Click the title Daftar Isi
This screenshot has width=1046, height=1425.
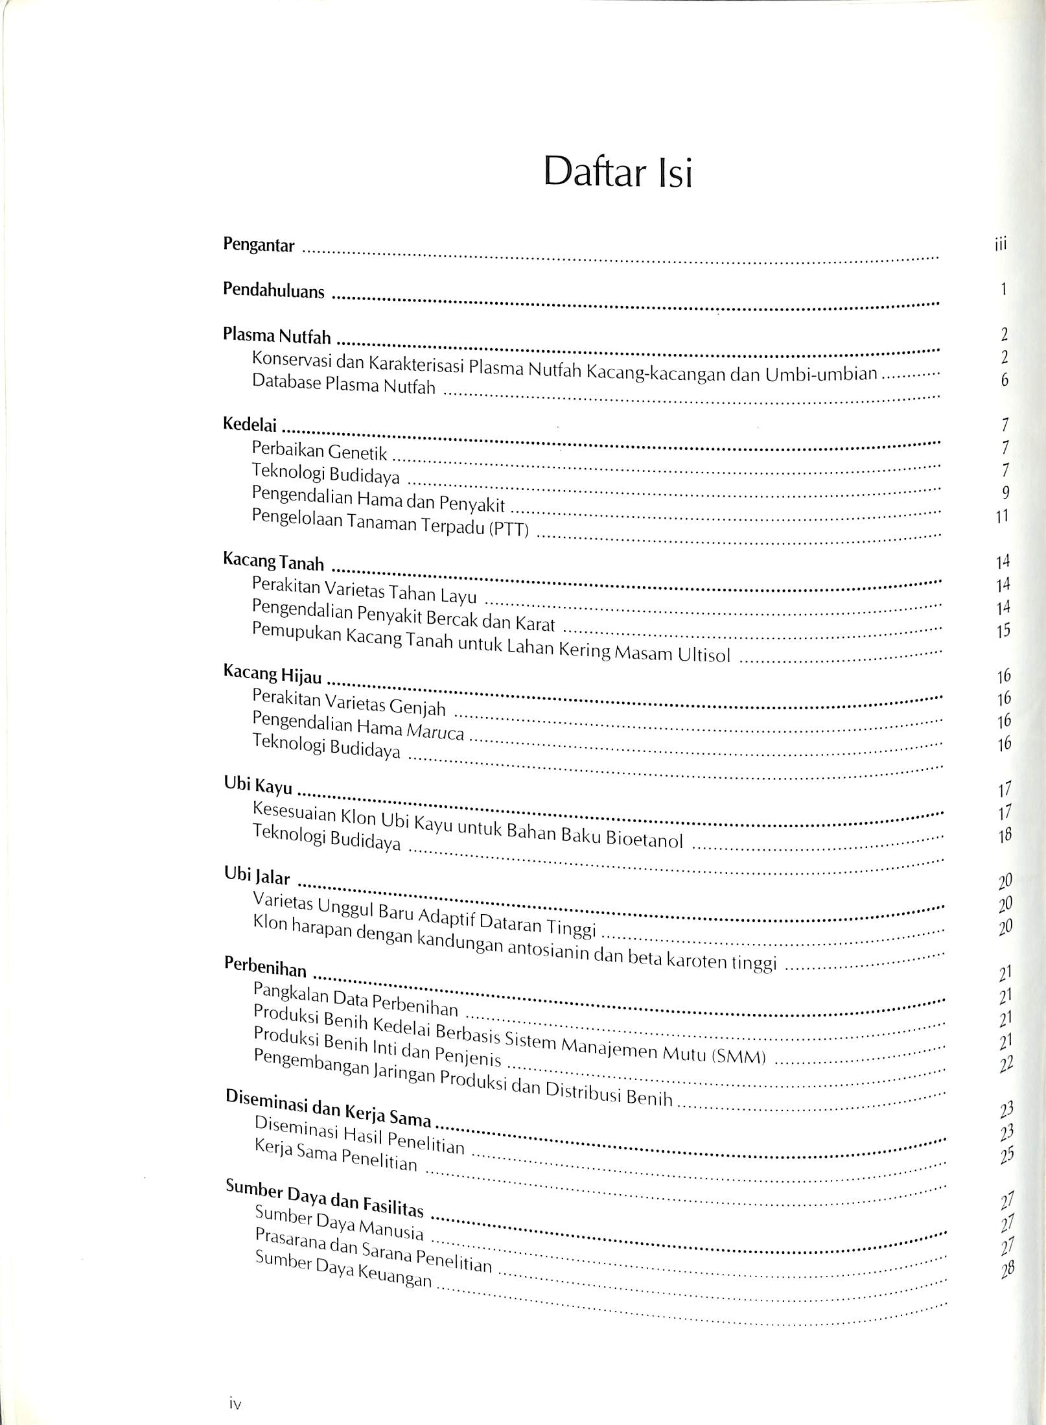pyautogui.click(x=618, y=172)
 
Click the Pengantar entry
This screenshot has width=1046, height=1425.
pyautogui.click(x=259, y=245)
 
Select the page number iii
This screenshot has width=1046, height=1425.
pyautogui.click(x=1001, y=244)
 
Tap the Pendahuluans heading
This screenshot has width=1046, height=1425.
pyautogui.click(x=273, y=290)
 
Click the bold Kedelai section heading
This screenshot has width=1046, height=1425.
pyautogui.click(x=250, y=425)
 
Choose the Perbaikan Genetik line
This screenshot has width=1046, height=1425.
pyautogui.click(x=320, y=450)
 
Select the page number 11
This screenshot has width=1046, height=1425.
pyautogui.click(x=1003, y=517)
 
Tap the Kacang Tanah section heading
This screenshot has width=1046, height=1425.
pyautogui.click(x=273, y=561)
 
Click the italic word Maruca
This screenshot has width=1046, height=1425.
pyautogui.click(x=435, y=731)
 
